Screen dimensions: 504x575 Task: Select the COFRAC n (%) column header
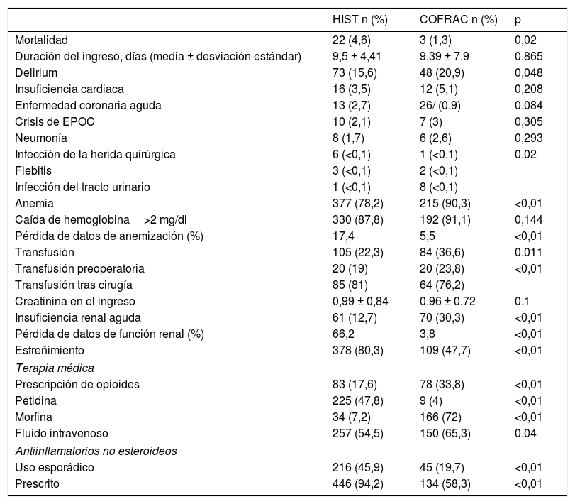coord(459,20)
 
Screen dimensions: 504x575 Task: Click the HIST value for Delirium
coord(356,72)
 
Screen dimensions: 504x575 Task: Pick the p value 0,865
coord(528,57)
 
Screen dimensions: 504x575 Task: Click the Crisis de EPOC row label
coord(55,121)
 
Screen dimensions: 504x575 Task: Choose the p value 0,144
coord(528,220)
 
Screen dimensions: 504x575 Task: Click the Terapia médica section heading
coord(55,368)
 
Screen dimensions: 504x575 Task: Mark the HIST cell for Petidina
coord(360,400)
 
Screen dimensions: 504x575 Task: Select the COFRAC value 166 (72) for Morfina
coord(442,417)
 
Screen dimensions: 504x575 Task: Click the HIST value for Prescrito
coord(360,483)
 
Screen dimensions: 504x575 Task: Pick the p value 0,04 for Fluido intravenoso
coord(525,433)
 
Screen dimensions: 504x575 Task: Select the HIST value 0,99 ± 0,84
coord(361,301)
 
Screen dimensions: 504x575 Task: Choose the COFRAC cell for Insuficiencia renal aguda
coord(442,317)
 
